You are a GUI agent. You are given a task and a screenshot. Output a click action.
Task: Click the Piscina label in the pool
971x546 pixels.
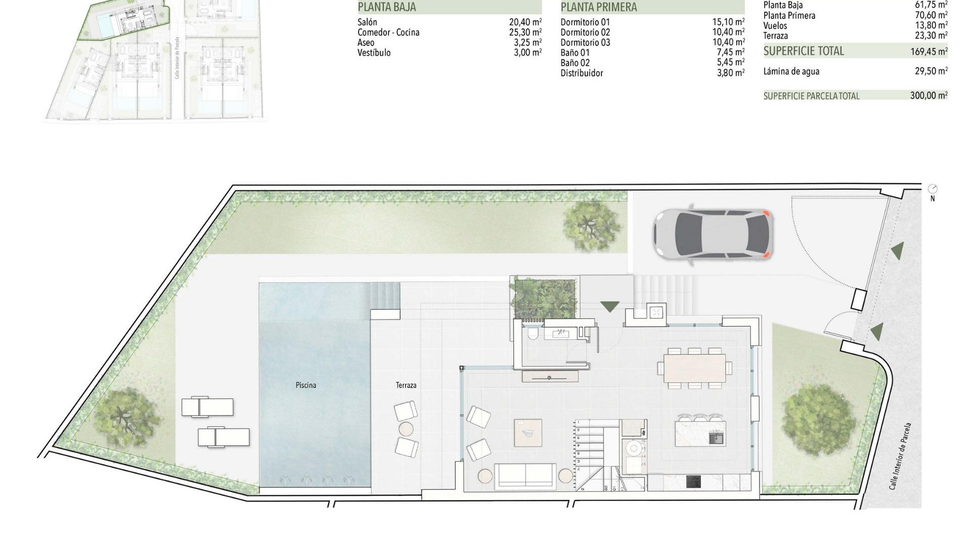click(306, 385)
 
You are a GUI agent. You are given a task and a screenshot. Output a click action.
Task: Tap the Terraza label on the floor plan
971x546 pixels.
click(406, 385)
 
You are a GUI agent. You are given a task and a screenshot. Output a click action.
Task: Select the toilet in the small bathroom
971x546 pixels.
click(532, 335)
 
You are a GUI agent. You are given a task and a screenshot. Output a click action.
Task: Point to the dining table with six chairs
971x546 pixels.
click(694, 368)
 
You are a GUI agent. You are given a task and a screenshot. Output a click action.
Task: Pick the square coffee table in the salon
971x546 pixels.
click(528, 433)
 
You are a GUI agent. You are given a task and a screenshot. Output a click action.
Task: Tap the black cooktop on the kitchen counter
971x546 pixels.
click(694, 482)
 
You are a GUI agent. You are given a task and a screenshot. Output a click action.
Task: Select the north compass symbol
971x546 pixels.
click(933, 190)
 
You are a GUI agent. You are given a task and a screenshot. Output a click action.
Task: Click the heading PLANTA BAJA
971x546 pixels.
click(387, 7)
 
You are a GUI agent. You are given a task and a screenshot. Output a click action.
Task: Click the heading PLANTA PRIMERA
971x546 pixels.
click(599, 7)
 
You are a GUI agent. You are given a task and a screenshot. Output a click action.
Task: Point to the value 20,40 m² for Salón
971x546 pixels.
click(525, 22)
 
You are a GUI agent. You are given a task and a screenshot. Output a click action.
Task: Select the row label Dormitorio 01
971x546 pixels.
click(585, 22)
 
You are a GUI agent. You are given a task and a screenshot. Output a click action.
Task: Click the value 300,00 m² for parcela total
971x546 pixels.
click(929, 96)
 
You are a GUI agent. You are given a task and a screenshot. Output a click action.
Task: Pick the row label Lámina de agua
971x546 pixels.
click(791, 71)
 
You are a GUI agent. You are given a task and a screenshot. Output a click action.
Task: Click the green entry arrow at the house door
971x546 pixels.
click(609, 306)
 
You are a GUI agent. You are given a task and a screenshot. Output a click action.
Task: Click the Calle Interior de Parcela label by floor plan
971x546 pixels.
click(900, 456)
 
